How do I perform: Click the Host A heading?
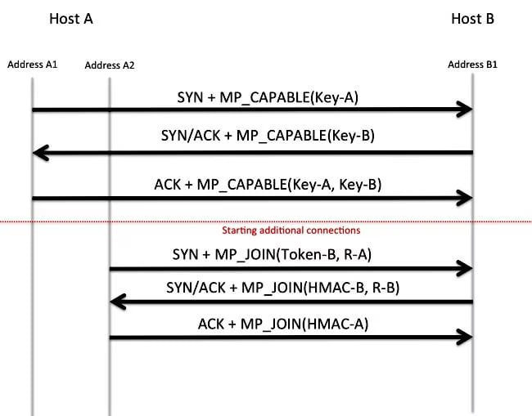tap(71, 19)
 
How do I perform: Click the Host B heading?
tap(472, 19)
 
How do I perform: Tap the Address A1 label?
tap(33, 65)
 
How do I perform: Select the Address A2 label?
tap(110, 65)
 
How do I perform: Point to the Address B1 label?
tap(472, 65)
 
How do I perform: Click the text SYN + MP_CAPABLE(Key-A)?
tap(268, 97)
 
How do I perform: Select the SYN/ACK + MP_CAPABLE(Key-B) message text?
tap(268, 136)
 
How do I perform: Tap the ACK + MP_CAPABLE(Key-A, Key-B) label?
tap(268, 185)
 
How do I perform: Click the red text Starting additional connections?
tap(291, 230)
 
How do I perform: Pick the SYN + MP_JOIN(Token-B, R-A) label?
tap(272, 254)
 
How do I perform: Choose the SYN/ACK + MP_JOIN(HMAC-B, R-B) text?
tap(282, 288)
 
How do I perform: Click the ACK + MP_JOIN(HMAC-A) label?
tap(283, 324)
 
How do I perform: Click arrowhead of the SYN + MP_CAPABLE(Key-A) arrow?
tap(467, 109)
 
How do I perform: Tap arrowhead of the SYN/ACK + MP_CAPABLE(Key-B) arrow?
tap(38, 153)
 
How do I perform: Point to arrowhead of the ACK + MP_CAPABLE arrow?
tap(467, 198)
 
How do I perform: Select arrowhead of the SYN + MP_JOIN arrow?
tap(467, 269)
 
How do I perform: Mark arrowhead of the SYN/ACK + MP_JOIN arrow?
tap(115, 302)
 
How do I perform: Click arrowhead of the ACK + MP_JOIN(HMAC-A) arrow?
tap(467, 337)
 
